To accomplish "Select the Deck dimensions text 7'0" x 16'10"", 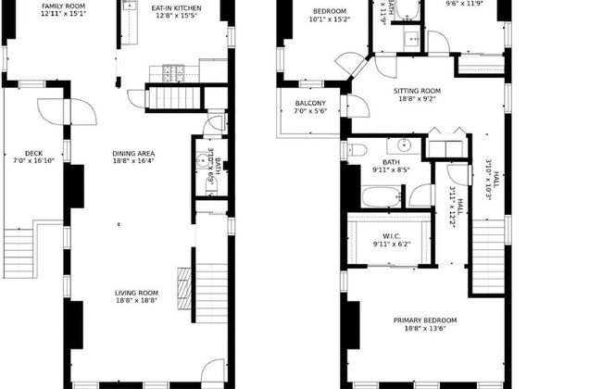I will [33, 161].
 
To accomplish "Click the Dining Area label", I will [133, 154].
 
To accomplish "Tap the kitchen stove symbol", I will [173, 71].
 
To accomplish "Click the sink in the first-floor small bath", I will [201, 160].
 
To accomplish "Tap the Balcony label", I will [309, 103].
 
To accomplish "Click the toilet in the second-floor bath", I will [358, 150].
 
